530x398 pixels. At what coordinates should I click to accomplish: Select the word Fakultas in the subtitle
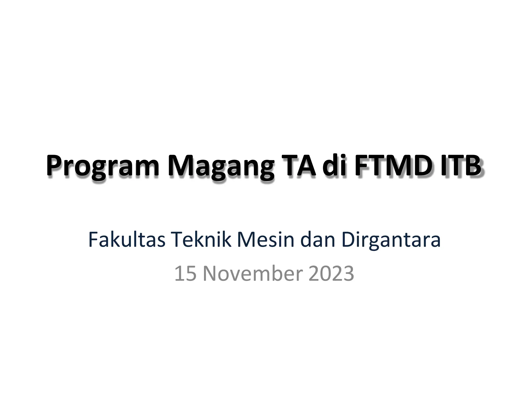pyautogui.click(x=127, y=240)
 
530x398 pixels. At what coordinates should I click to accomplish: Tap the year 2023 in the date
pyautogui.click(x=331, y=274)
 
